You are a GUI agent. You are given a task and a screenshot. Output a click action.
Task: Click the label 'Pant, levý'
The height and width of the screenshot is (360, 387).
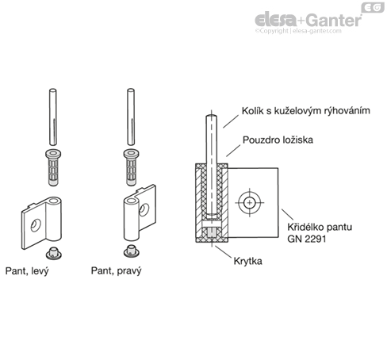[x=27, y=271]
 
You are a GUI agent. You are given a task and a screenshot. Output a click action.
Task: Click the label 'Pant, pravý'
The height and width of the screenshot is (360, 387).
[x=117, y=271]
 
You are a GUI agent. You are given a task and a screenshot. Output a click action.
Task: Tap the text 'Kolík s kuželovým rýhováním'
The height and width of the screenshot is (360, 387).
[x=306, y=111]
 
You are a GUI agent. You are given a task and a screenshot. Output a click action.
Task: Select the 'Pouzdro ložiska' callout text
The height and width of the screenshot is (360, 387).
[x=278, y=140]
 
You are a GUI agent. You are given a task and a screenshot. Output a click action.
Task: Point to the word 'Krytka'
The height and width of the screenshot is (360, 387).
[x=247, y=262]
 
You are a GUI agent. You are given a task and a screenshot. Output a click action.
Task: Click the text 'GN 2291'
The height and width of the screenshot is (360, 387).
[x=307, y=239]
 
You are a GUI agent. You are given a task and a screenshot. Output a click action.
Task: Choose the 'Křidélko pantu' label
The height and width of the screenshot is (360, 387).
[x=320, y=228]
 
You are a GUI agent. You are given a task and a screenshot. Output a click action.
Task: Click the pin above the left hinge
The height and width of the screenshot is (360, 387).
[x=53, y=117]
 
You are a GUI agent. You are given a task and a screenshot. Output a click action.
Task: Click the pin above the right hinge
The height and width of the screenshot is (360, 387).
[x=131, y=117]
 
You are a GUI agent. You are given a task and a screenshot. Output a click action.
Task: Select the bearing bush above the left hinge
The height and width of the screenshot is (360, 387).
[x=53, y=167]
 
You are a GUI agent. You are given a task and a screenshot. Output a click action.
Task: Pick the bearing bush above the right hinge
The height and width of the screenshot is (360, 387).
[x=131, y=167]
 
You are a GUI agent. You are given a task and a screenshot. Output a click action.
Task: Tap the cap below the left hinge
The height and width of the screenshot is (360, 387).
[x=54, y=253]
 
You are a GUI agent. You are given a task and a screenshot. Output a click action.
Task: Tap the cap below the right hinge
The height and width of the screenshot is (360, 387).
[x=132, y=251]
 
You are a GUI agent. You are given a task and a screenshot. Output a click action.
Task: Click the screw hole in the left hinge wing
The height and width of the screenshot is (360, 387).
[x=36, y=225]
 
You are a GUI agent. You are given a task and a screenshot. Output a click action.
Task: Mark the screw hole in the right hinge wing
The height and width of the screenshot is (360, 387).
[x=144, y=209]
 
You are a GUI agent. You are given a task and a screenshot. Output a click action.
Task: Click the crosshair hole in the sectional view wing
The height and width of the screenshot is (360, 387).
[x=249, y=203]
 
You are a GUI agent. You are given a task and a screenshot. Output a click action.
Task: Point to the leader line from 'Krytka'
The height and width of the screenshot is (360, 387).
[x=223, y=251]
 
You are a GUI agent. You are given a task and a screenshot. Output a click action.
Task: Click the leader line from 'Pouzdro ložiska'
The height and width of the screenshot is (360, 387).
[x=233, y=151]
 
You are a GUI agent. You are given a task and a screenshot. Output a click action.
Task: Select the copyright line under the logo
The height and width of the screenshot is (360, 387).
[x=298, y=31]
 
